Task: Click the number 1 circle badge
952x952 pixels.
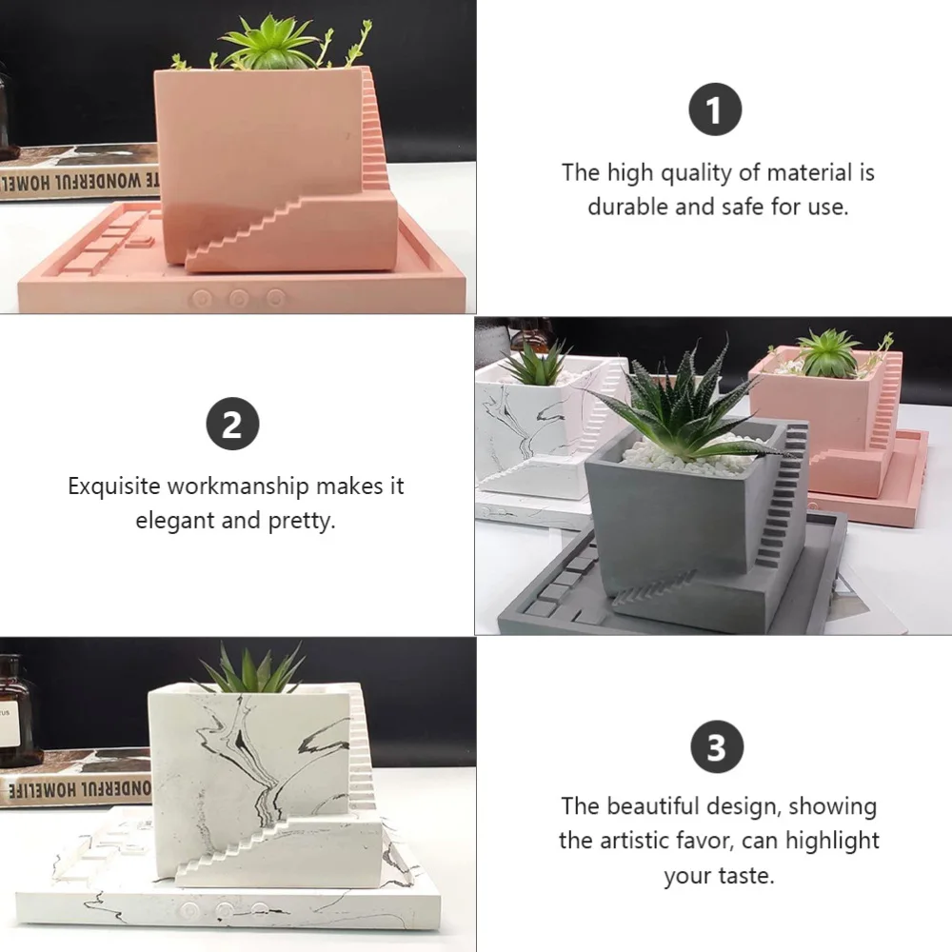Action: click(x=715, y=111)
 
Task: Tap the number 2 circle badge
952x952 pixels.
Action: click(x=232, y=425)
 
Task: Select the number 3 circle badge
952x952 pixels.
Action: click(x=715, y=747)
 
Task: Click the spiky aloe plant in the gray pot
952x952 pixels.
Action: click(x=681, y=409)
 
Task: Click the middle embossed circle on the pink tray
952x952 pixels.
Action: click(x=239, y=298)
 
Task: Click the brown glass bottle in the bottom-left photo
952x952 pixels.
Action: click(x=16, y=709)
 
